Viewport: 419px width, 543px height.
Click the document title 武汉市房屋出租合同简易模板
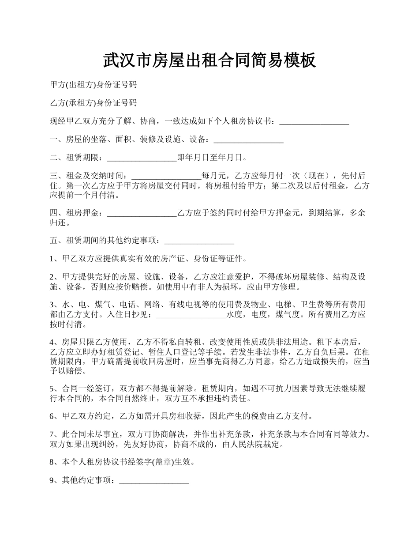click(209, 60)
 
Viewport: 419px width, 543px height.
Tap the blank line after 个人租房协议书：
click(314, 122)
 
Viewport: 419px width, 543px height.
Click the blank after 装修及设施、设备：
click(248, 140)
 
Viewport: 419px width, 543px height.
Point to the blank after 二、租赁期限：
click(142, 158)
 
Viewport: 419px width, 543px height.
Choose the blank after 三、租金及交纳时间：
click(166, 176)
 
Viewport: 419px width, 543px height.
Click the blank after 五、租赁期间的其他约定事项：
click(199, 241)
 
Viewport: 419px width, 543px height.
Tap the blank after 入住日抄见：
click(191, 315)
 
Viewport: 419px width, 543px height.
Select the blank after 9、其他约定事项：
click(154, 481)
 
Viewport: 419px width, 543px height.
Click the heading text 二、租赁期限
click(76, 158)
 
